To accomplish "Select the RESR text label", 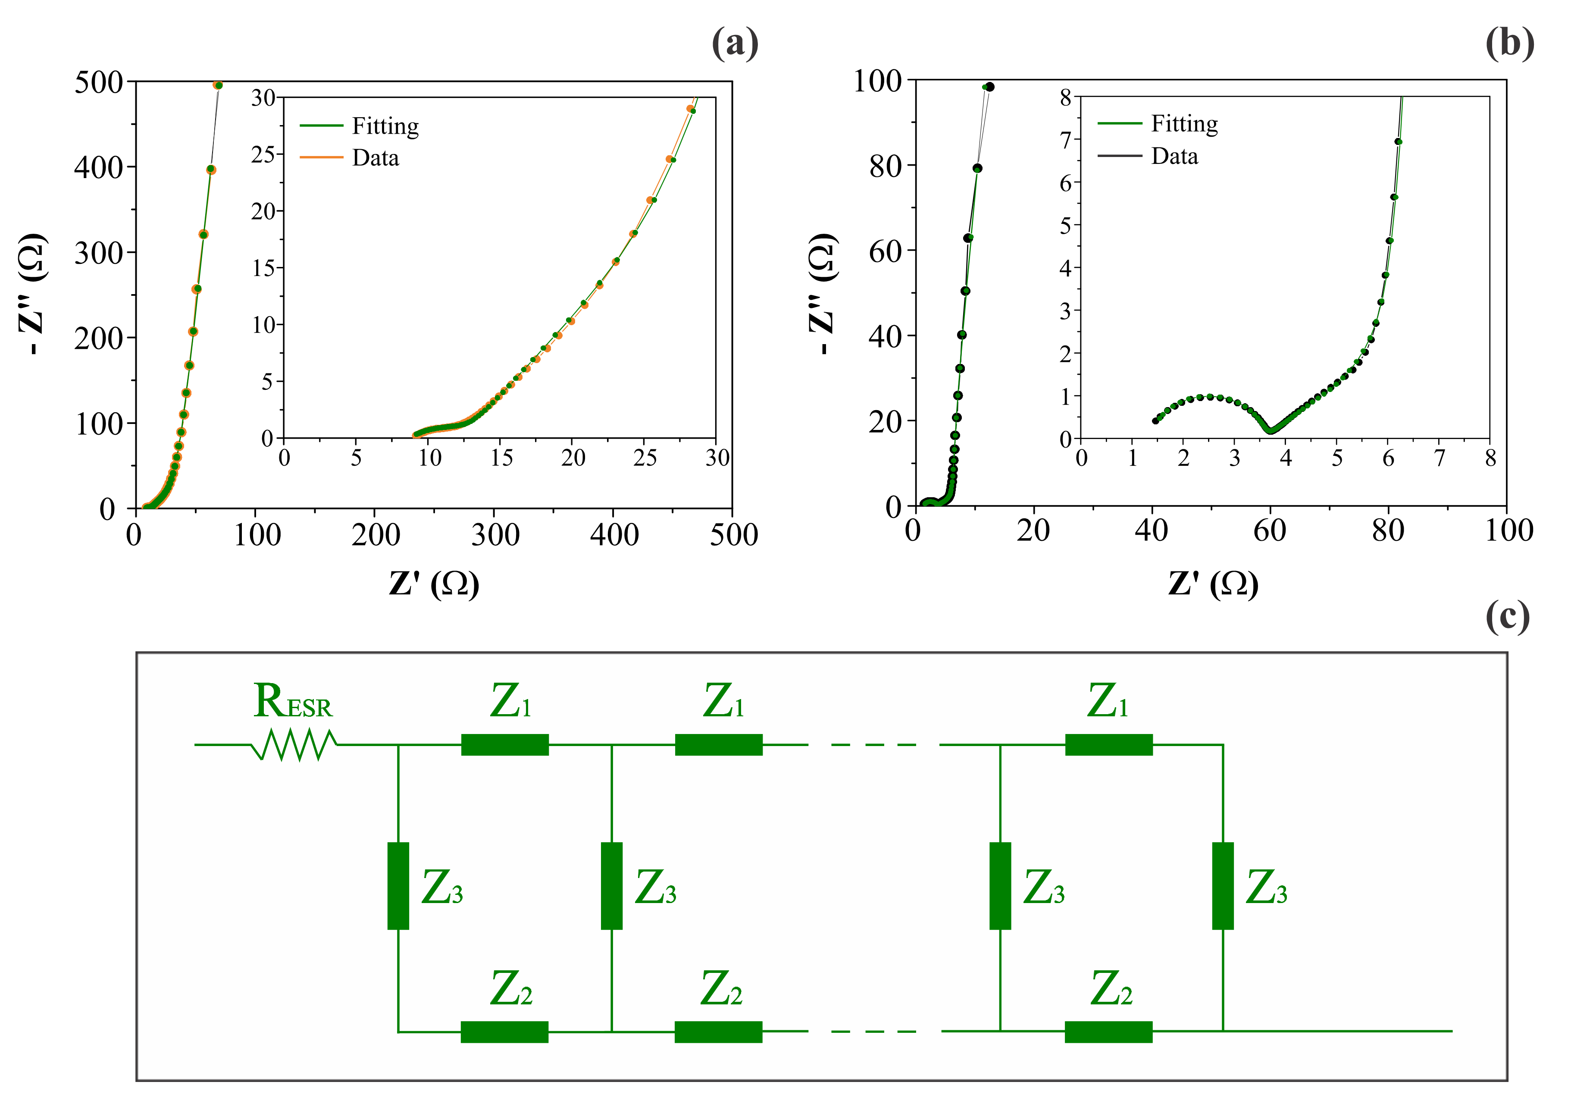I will (x=293, y=702).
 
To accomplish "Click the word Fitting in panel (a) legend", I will (x=385, y=126).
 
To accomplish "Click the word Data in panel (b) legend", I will (x=1174, y=156).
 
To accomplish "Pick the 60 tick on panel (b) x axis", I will (x=1270, y=530).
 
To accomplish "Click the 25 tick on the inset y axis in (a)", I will (x=263, y=155).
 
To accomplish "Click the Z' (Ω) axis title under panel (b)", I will (x=1212, y=584).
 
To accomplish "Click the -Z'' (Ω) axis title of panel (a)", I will (x=33, y=294).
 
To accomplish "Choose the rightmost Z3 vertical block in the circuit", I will (x=1222, y=886).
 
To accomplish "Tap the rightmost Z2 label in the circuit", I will (x=1111, y=988).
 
